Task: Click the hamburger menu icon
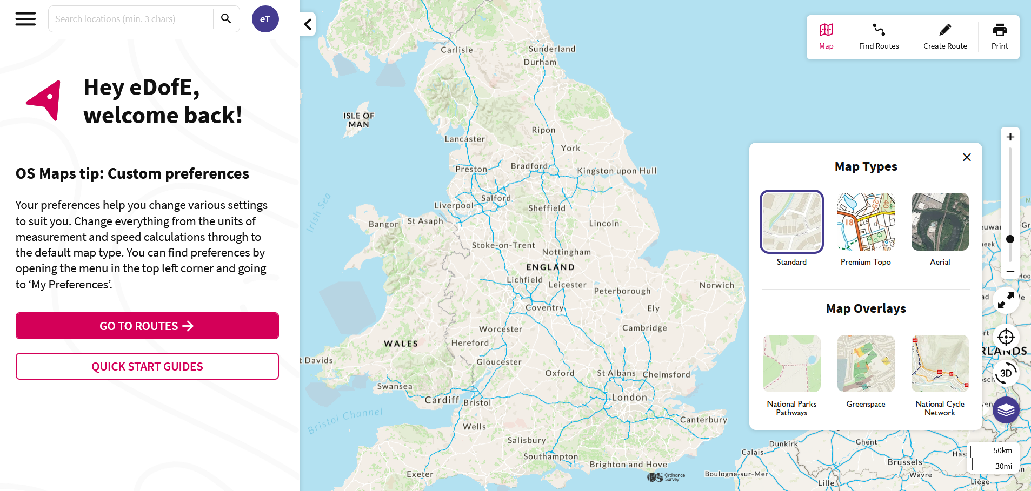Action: coord(25,19)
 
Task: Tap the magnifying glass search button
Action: coord(226,19)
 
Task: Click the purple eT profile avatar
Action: coord(265,19)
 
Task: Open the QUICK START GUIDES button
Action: coord(147,366)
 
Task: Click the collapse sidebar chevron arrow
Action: coord(308,24)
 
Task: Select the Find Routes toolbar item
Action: coord(879,36)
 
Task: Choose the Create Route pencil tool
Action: coord(944,36)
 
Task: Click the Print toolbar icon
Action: coord(999,36)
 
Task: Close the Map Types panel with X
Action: coord(967,157)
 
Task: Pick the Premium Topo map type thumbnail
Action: coord(866,222)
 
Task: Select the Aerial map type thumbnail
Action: coord(940,222)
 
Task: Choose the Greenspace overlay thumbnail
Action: coord(866,364)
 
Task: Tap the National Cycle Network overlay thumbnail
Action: coord(940,364)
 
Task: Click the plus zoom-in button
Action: coord(1010,137)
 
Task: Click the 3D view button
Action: coord(1006,373)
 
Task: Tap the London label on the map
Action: coord(629,398)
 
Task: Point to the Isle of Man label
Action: coord(358,120)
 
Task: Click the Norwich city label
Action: coord(716,285)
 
